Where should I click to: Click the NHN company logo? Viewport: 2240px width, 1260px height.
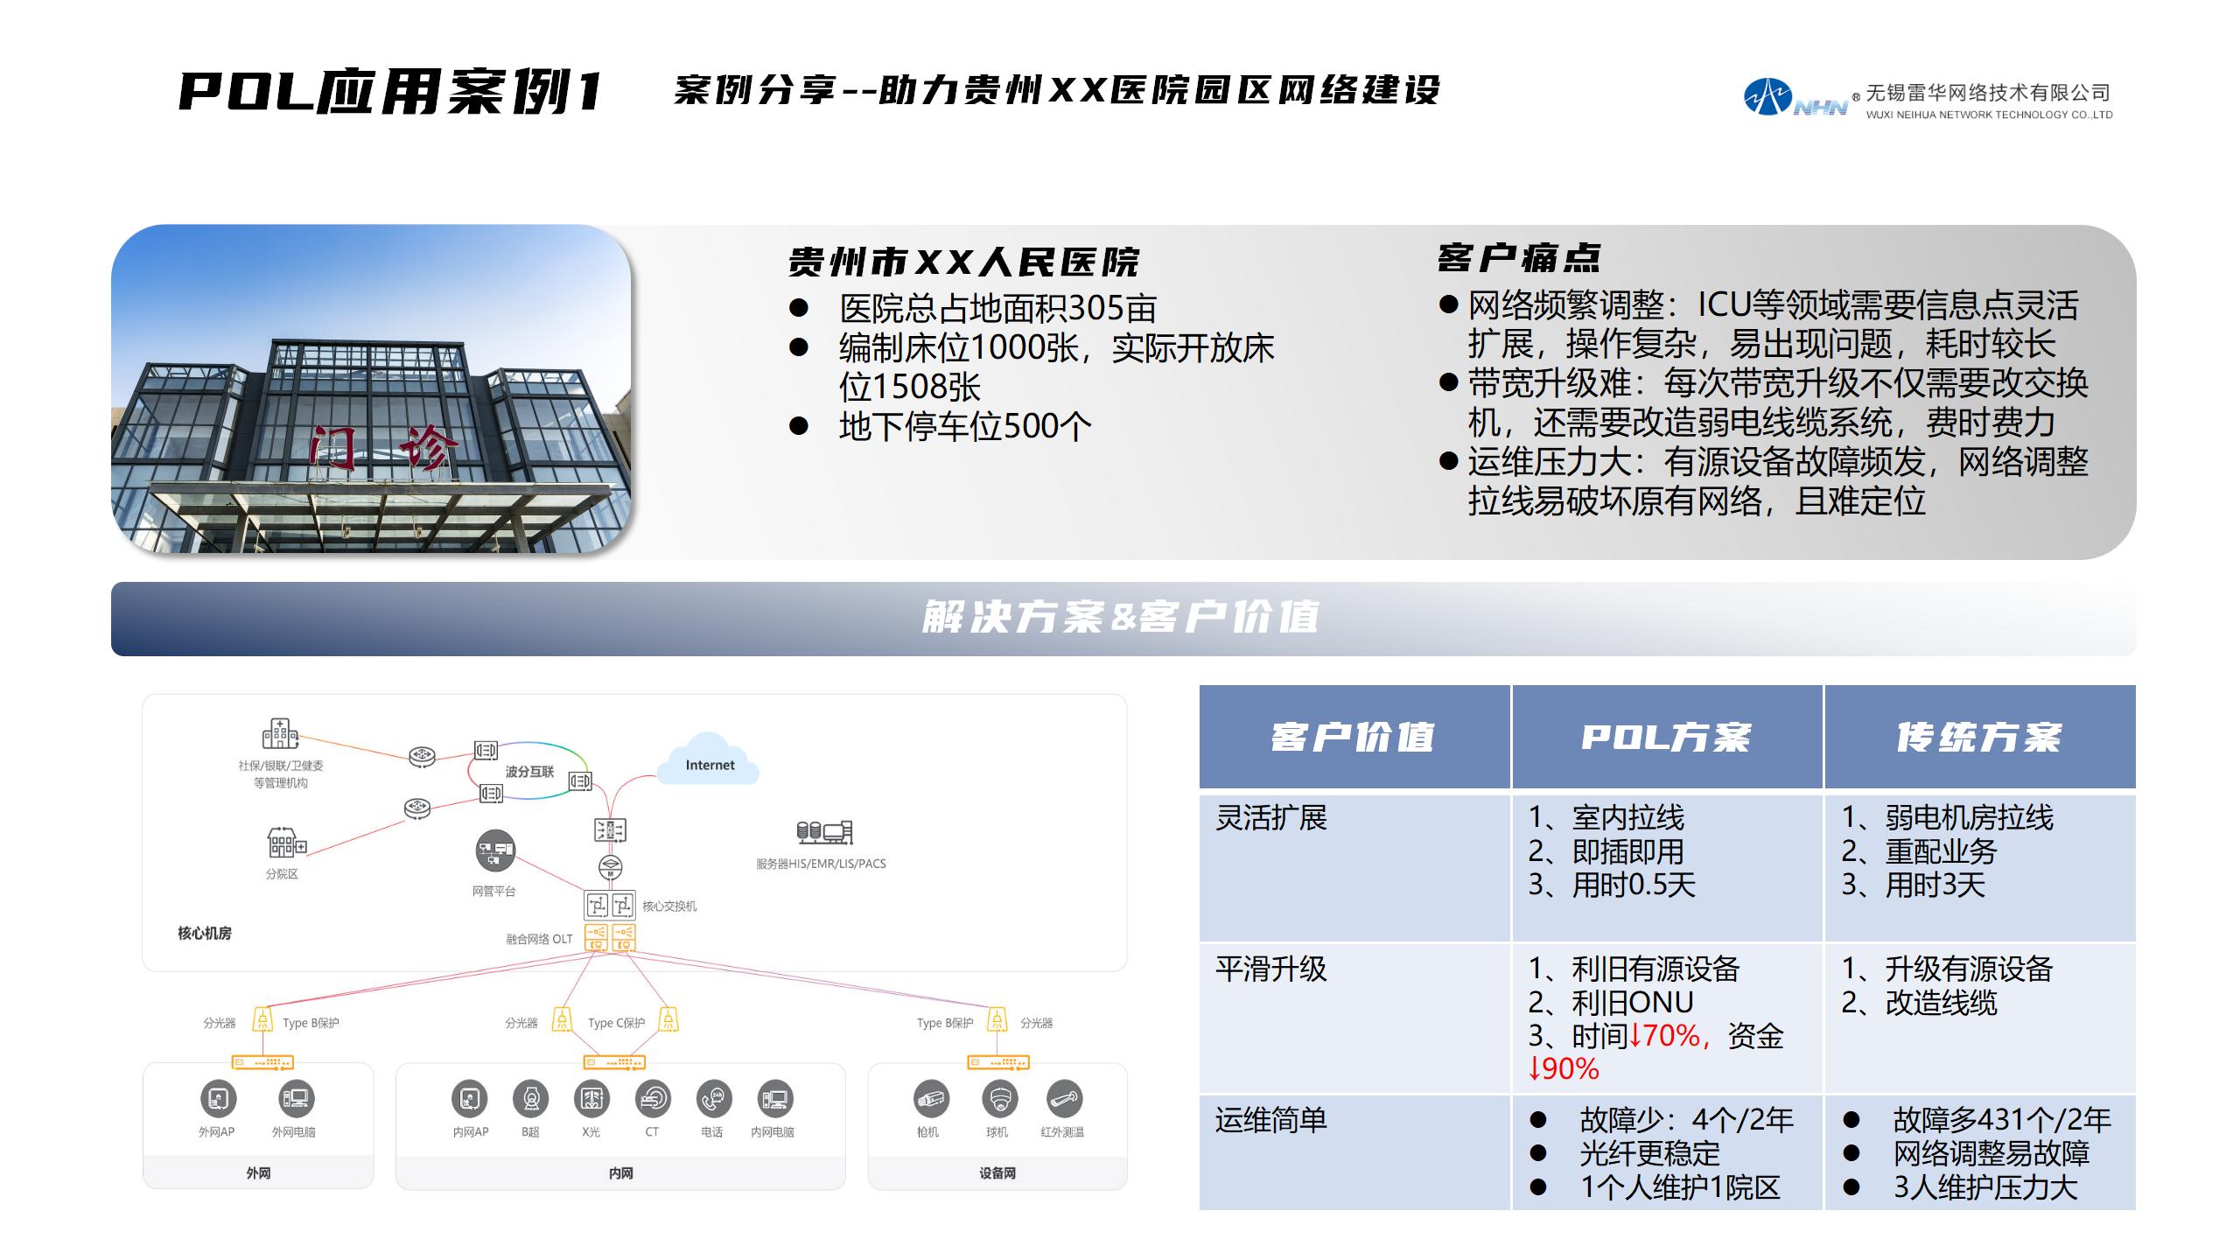tap(1794, 97)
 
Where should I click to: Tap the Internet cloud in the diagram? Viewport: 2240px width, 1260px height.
tap(711, 759)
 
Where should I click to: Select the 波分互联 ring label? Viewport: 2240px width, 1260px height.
tap(529, 771)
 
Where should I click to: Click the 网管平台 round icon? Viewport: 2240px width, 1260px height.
tap(495, 850)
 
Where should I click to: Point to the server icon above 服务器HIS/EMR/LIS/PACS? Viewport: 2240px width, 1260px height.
tap(824, 832)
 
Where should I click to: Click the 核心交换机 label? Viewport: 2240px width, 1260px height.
tap(669, 906)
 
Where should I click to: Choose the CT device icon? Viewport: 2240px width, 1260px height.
tap(653, 1098)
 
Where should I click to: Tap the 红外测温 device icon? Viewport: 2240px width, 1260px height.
tap(1063, 1098)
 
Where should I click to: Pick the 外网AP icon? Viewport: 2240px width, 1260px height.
tap(218, 1098)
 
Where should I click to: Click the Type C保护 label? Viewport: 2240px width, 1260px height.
tap(616, 1023)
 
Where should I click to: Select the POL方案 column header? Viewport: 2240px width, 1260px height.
tap(1666, 738)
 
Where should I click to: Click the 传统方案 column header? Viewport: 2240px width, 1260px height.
tap(1979, 738)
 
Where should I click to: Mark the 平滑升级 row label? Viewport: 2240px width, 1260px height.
tap(1270, 969)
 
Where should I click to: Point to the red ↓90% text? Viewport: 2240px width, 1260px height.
tap(1564, 1068)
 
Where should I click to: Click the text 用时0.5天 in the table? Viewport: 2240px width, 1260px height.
tap(1634, 885)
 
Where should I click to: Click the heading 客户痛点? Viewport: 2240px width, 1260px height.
tap(1519, 258)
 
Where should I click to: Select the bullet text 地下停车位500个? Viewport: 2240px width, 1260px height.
tap(965, 426)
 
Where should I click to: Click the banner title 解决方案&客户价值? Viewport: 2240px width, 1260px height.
tap(1120, 617)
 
